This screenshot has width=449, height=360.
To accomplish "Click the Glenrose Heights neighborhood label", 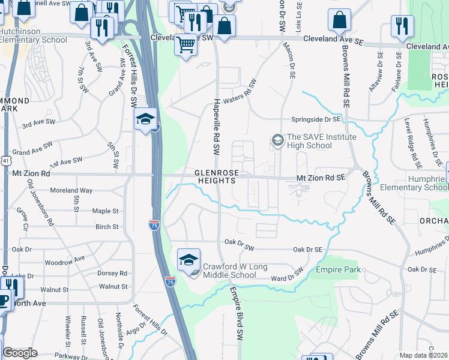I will click(217, 176).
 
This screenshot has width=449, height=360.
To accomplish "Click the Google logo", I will click(20, 353).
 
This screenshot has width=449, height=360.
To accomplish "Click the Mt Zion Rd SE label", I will click(321, 178).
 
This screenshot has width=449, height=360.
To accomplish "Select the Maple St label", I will click(106, 211).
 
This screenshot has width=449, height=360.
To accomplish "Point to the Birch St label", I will click(107, 227).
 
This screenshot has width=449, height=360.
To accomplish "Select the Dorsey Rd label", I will click(112, 273).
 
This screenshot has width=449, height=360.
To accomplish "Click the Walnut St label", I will click(113, 287).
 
